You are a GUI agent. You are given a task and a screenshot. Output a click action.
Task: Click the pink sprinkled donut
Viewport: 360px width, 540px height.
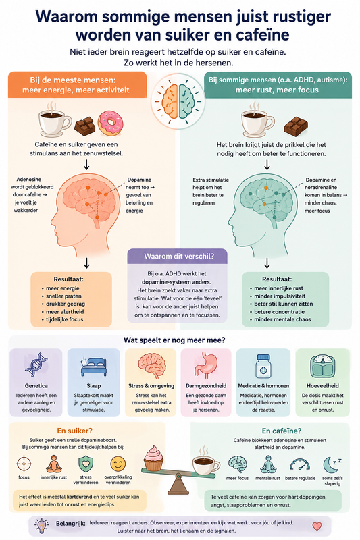point(110,123)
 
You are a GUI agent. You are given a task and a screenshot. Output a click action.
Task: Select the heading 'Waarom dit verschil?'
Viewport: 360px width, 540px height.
point(179,256)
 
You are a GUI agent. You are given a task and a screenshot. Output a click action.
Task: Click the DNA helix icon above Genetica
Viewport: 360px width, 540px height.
point(36,365)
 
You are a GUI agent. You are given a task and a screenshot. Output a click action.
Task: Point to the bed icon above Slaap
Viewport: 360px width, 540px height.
point(93,367)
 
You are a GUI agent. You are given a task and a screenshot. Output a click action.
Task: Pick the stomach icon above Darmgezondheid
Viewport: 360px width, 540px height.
point(206,365)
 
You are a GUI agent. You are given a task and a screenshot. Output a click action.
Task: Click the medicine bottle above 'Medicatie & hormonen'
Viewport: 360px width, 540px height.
point(263,367)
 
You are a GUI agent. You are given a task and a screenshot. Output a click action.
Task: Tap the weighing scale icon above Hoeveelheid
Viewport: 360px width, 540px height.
point(322,366)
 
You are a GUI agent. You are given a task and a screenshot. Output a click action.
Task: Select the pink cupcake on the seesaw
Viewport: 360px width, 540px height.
point(153,458)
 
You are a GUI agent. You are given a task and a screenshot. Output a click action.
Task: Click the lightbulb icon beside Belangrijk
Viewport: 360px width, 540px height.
point(42,526)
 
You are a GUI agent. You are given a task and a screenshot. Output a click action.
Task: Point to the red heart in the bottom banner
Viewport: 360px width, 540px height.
point(317,526)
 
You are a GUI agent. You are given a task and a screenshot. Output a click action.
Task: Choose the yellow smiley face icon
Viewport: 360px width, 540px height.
point(118,464)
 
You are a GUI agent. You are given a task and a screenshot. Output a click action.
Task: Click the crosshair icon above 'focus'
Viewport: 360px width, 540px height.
point(24,464)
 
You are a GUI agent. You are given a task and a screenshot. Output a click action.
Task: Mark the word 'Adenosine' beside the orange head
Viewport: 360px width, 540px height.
point(29,180)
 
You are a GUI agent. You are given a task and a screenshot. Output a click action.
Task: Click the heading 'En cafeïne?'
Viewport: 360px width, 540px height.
point(282,431)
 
